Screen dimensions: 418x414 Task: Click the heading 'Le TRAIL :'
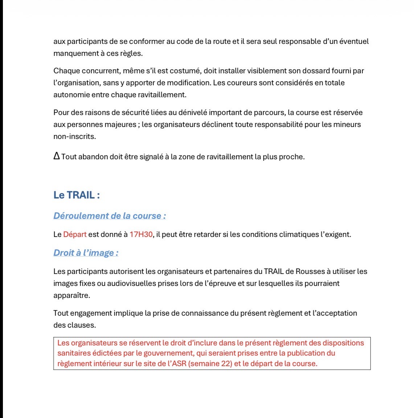pyautogui.click(x=77, y=195)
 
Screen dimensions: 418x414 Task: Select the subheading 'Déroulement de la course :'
pyautogui.click(x=110, y=216)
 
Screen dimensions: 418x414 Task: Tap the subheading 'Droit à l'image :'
pyautogui.click(x=86, y=253)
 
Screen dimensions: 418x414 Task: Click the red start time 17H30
pyautogui.click(x=141, y=234)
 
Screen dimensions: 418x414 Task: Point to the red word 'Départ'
pyautogui.click(x=75, y=234)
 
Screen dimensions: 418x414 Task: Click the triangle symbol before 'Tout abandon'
pyautogui.click(x=57, y=156)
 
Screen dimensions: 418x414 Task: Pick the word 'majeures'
pyautogui.click(x=120, y=124)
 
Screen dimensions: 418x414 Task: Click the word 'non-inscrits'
pyautogui.click(x=74, y=136)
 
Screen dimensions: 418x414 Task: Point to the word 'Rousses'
pyautogui.click(x=310, y=271)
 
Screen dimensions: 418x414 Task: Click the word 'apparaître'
pyautogui.click(x=71, y=295)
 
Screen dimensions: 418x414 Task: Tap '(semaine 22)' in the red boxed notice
pyautogui.click(x=210, y=363)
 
